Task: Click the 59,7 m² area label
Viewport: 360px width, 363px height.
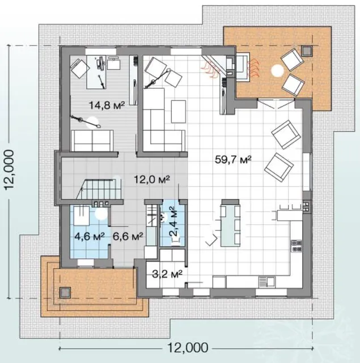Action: [233, 159]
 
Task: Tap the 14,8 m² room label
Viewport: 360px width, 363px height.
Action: [107, 105]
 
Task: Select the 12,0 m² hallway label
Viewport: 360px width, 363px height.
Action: [152, 179]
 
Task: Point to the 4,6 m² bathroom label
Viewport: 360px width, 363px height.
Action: [90, 237]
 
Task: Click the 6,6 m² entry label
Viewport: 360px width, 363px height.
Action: [128, 237]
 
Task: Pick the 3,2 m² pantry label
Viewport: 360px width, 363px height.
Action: [167, 274]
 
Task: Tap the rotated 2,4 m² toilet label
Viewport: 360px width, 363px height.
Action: [173, 222]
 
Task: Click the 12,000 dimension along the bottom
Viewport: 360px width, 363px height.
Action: [188, 348]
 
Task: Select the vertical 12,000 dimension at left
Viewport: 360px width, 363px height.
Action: [10, 170]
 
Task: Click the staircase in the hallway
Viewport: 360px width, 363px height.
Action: [99, 188]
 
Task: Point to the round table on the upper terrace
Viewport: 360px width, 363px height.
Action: [277, 70]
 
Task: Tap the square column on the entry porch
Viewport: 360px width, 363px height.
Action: [65, 293]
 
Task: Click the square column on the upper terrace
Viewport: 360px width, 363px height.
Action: [307, 51]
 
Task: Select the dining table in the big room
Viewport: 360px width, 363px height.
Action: [230, 223]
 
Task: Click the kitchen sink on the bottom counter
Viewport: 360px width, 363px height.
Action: [267, 282]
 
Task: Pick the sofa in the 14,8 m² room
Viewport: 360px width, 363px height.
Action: [92, 141]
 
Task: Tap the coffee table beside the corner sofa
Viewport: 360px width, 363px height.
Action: [179, 112]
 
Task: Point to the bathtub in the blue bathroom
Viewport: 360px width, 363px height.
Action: [81, 216]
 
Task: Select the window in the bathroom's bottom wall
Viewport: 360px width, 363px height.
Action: [86, 263]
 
